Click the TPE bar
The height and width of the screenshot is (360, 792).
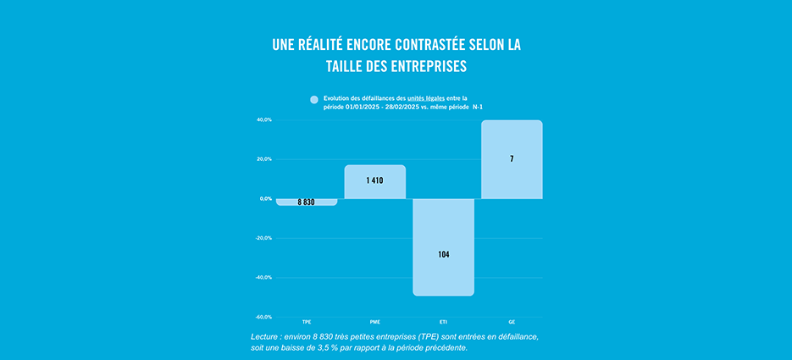pyautogui.click(x=307, y=202)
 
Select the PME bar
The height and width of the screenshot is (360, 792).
pyautogui.click(x=375, y=181)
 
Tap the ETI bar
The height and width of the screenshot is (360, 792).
pyautogui.click(x=443, y=246)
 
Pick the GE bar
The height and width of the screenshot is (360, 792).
pyautogui.click(x=512, y=159)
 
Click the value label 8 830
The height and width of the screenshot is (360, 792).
pyautogui.click(x=307, y=202)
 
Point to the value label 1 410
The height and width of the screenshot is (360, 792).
pyautogui.click(x=375, y=180)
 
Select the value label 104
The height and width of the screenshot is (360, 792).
pyautogui.click(x=444, y=254)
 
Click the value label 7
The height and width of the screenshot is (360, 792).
pyautogui.click(x=512, y=159)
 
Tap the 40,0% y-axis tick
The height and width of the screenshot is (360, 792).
pyautogui.click(x=263, y=120)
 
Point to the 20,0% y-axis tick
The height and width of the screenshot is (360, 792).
pyautogui.click(x=263, y=159)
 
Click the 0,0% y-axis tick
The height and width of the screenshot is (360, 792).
pyautogui.click(x=265, y=198)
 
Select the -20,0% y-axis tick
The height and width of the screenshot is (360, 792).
pyautogui.click(x=263, y=238)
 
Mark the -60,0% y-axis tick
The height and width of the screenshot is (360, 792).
pyautogui.click(x=263, y=317)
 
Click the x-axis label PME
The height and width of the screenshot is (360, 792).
pyautogui.click(x=375, y=323)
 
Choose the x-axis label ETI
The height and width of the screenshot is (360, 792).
pyautogui.click(x=443, y=323)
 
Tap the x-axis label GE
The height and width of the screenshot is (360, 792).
pyautogui.click(x=512, y=323)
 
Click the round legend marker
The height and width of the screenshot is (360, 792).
pyautogui.click(x=315, y=99)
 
